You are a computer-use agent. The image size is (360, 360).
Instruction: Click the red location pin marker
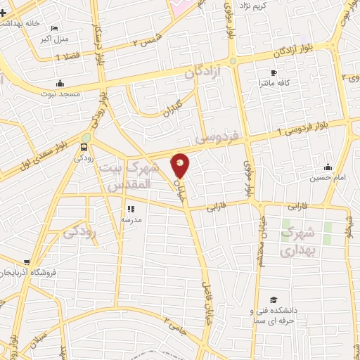(181, 165)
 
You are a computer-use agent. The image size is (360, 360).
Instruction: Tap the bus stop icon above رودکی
(84, 148)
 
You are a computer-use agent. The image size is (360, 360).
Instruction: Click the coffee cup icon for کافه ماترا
(274, 73)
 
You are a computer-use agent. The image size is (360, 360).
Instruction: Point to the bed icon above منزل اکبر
(54, 29)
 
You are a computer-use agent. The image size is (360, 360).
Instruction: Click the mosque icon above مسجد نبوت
(61, 82)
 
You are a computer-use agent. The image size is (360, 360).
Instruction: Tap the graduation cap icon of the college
(273, 300)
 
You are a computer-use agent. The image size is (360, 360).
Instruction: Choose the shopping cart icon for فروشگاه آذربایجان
(27, 262)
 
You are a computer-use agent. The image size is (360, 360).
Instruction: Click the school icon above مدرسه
(131, 209)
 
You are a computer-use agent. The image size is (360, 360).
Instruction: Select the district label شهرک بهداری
(299, 240)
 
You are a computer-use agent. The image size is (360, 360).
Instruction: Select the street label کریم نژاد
(255, 6)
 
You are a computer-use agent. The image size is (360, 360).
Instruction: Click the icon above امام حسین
(328, 167)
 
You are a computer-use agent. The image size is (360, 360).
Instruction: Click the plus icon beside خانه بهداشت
(4, 13)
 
